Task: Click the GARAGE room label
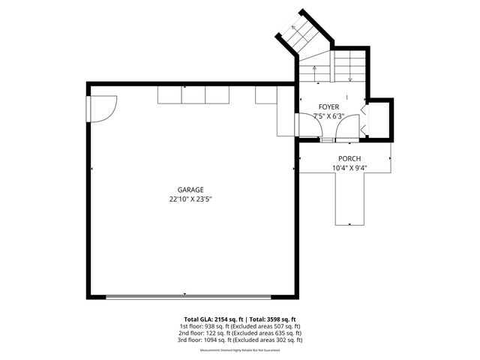190,190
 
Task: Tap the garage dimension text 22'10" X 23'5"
190,200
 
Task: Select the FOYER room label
328,107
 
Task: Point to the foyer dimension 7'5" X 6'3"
328,116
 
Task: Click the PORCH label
349,158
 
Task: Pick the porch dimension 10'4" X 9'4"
349,168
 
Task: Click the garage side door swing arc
103,108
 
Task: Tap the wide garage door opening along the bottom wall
184,297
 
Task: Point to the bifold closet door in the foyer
363,120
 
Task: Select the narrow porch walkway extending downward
349,199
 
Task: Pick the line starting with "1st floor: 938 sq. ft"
240,326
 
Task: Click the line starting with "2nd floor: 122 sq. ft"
240,333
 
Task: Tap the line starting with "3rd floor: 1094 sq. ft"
240,340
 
